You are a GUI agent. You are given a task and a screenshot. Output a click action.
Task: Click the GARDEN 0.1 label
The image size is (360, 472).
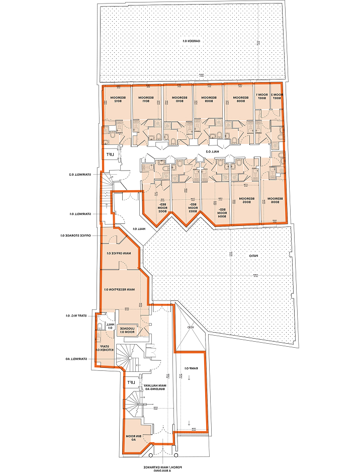click(x=192, y=41)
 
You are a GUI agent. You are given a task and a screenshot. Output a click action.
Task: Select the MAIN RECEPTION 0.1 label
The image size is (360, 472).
click(x=120, y=289)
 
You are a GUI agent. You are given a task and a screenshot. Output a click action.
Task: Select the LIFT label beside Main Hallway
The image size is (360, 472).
click(x=132, y=383)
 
